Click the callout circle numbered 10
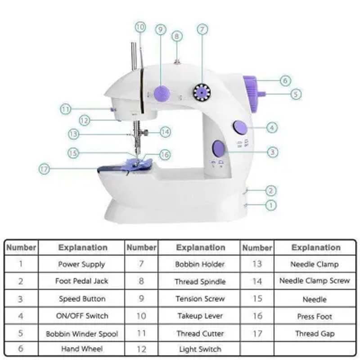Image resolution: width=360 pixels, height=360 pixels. (141, 27)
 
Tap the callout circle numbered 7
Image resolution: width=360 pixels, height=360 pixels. (202, 29)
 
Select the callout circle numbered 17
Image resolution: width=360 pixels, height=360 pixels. (44, 169)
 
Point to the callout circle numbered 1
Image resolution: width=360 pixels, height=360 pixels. (271, 205)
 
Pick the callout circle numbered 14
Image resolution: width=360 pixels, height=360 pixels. (166, 132)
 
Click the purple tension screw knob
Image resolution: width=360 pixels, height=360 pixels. (162, 94)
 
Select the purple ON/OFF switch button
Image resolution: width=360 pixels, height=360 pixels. (239, 128)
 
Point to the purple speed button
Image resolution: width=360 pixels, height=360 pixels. (219, 148)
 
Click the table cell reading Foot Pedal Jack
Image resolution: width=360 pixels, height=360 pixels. (82, 281)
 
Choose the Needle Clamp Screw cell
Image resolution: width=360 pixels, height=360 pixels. (314, 281)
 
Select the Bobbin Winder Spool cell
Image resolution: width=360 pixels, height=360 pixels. (82, 334)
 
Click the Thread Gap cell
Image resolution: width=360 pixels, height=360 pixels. (314, 334)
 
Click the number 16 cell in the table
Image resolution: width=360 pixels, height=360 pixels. (257, 316)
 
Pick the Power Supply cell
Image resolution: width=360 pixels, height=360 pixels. (82, 264)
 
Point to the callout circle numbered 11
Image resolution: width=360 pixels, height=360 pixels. (66, 109)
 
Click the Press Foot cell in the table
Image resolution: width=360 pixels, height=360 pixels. (314, 316)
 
